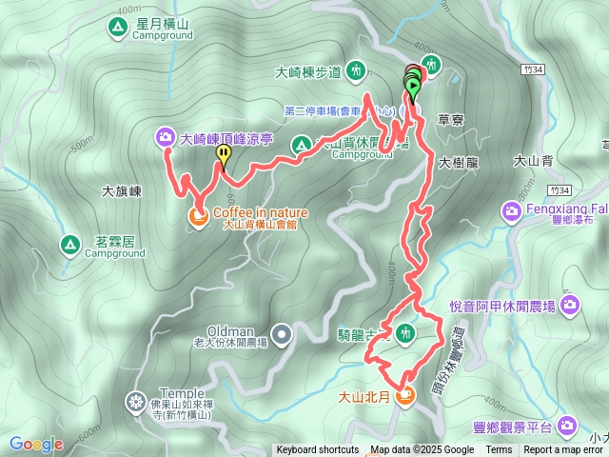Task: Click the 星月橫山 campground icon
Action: [116, 23]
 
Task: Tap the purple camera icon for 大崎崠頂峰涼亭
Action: [167, 138]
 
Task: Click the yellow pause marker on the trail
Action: [224, 152]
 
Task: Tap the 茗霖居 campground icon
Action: [69, 245]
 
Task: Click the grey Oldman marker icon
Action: [283, 334]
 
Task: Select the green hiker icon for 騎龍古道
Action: [405, 333]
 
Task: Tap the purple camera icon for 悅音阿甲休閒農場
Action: [570, 306]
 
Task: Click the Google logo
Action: [36, 444]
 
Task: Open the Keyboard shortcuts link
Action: [317, 450]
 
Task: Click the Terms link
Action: [499, 450]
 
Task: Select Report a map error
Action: [563, 450]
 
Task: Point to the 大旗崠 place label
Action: [122, 191]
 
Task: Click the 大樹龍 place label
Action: [458, 163]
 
